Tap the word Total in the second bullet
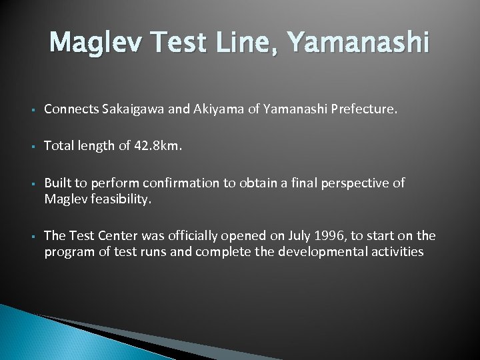[59, 146]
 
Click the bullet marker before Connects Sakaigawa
[31, 109]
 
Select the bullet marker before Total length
[31, 147]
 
